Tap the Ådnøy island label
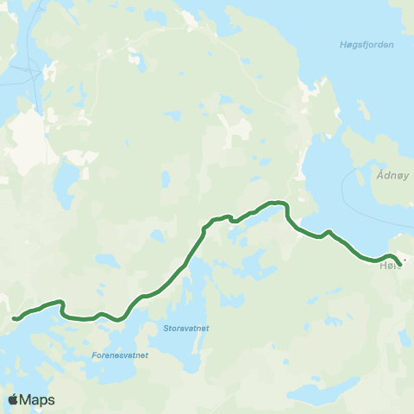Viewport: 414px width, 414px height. [392, 173]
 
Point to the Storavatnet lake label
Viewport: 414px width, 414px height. [186, 328]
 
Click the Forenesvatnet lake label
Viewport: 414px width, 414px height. [120, 354]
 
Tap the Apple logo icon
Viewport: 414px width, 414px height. [14, 399]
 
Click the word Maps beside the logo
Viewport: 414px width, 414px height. [38, 400]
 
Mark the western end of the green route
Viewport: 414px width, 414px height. [15, 319]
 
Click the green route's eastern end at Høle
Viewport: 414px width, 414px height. [398, 264]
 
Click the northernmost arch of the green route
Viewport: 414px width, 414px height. [276, 203]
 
